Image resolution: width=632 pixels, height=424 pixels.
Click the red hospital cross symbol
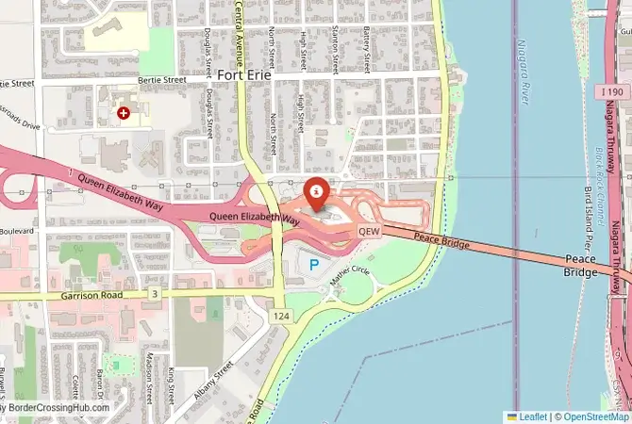pos(124,113)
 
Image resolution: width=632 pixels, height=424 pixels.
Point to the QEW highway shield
pos(369,231)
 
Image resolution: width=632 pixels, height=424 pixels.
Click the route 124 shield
pos(280,316)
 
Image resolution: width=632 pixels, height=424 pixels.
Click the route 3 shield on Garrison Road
pos(154,295)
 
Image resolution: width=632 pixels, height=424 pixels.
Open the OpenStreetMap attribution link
pos(596,416)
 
